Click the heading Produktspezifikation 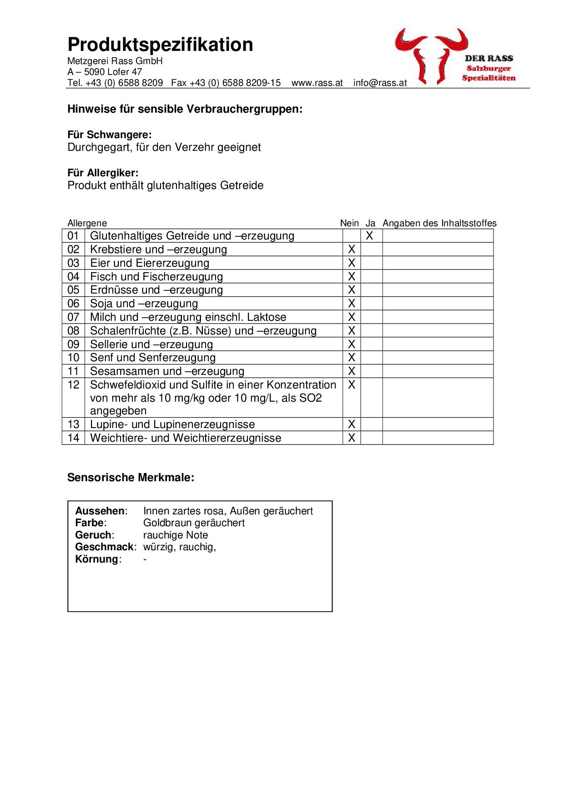pos(160,45)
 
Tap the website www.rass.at pos(317,83)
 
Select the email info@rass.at pos(380,83)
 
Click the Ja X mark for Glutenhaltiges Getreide pos(370,236)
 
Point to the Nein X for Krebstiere pos(351,249)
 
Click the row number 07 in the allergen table pos(73,317)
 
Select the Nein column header pos(349,223)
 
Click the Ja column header pos(370,223)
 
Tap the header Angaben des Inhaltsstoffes pos(439,223)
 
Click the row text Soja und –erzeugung pos(144,304)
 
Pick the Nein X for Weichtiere pos(351,438)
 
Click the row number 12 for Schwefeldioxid pos(73,385)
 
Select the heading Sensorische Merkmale pos(131,478)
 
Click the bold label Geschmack pos(105,547)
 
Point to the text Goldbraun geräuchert pos(194,523)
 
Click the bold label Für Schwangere pos(109,135)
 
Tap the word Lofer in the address pos(118,72)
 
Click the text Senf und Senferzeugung pos(153,358)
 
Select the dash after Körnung pos(145,559)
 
